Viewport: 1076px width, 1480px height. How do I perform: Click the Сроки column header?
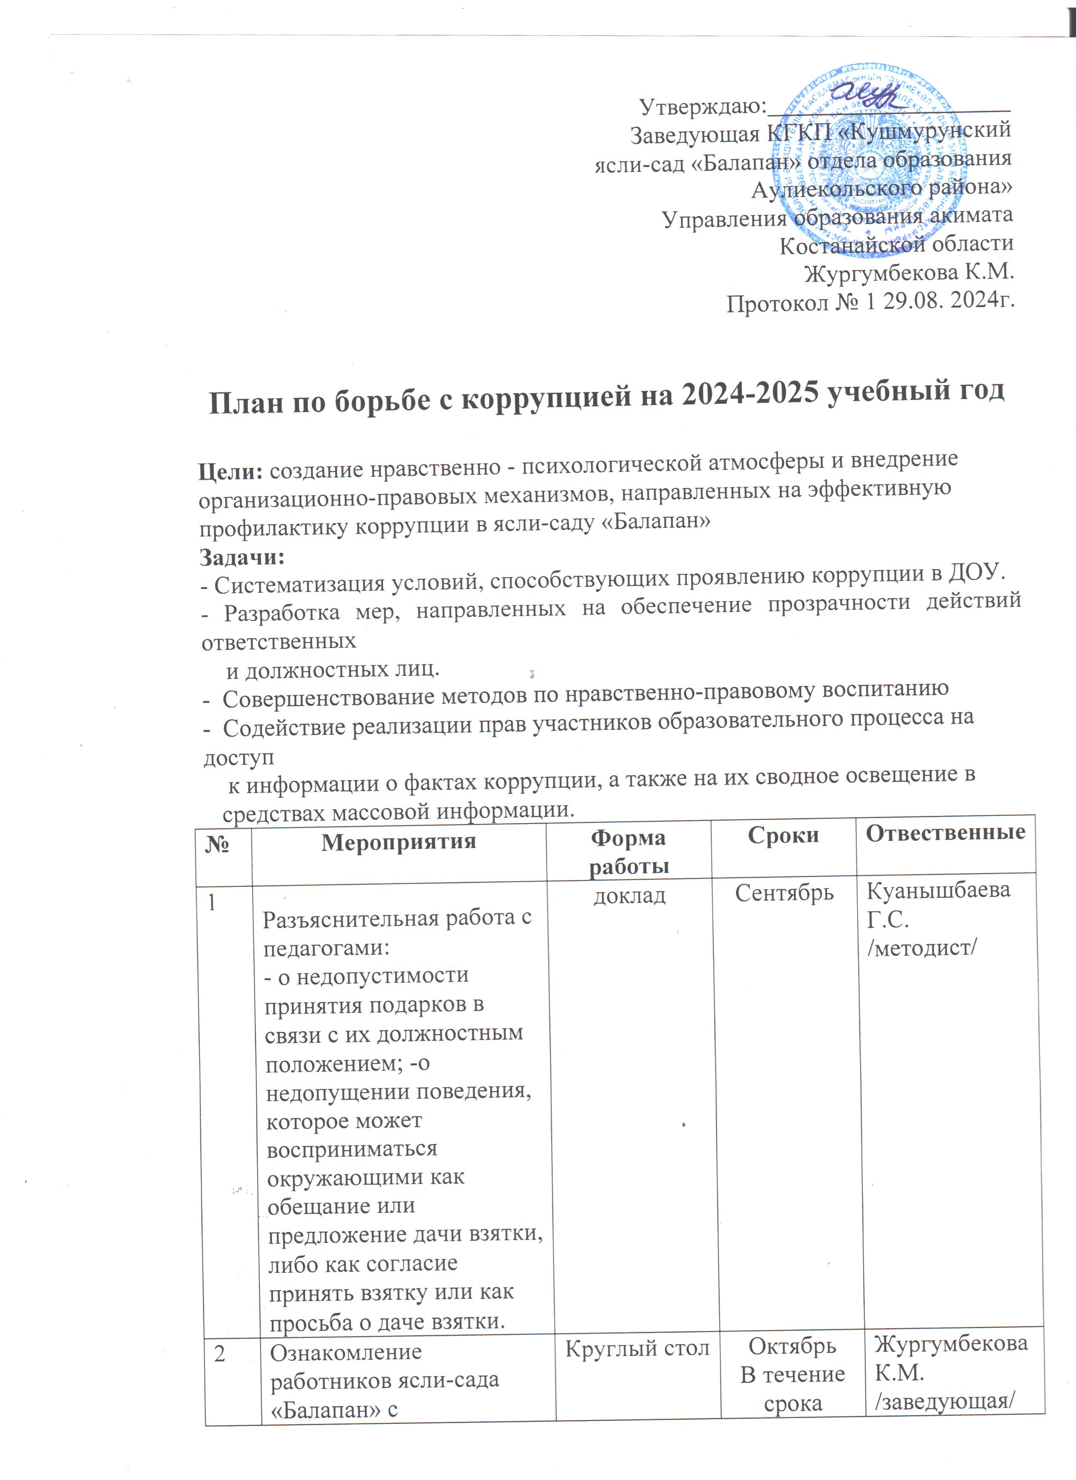click(x=783, y=835)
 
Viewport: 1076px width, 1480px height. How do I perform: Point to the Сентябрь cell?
click(x=784, y=893)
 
